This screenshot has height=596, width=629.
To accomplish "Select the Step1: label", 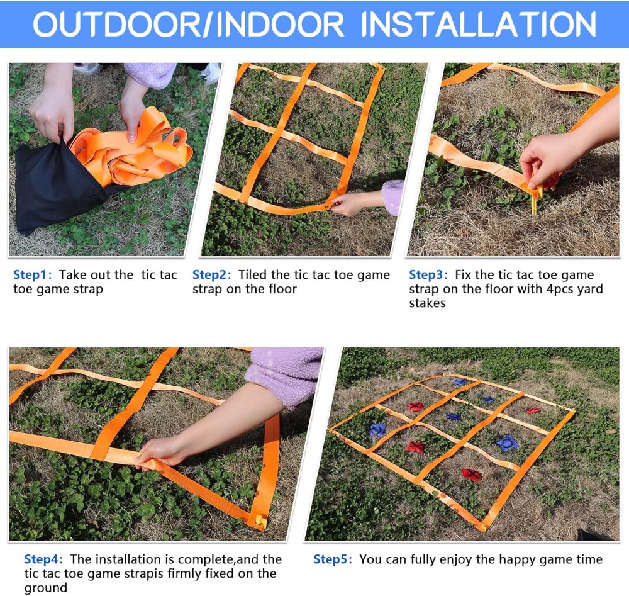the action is tap(33, 275).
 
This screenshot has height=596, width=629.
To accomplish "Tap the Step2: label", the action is tap(212, 275).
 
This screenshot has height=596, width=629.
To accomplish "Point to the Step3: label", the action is tap(428, 275).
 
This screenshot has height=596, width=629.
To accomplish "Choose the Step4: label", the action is tap(44, 559).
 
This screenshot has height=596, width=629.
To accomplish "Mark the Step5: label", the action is tap(333, 559).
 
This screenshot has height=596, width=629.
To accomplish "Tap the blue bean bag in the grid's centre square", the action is tap(454, 416).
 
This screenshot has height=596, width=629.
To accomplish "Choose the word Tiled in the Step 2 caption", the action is tap(252, 275).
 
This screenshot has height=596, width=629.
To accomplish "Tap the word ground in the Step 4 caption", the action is tap(46, 588).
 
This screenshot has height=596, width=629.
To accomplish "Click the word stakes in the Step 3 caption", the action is tap(427, 303).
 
